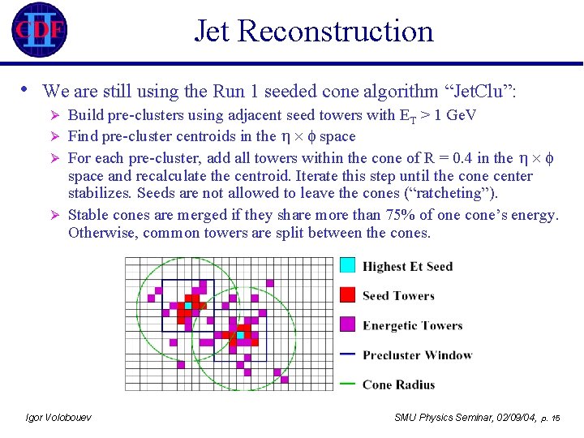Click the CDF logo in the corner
(39, 30)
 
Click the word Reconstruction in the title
(336, 31)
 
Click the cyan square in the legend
(347, 265)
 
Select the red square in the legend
(347, 295)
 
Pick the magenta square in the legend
(347, 325)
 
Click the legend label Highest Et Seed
(407, 266)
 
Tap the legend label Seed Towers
(398, 296)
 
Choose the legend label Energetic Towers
(412, 326)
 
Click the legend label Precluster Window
(417, 355)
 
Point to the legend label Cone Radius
(398, 384)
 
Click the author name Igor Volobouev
(58, 417)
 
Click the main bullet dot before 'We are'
(26, 89)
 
